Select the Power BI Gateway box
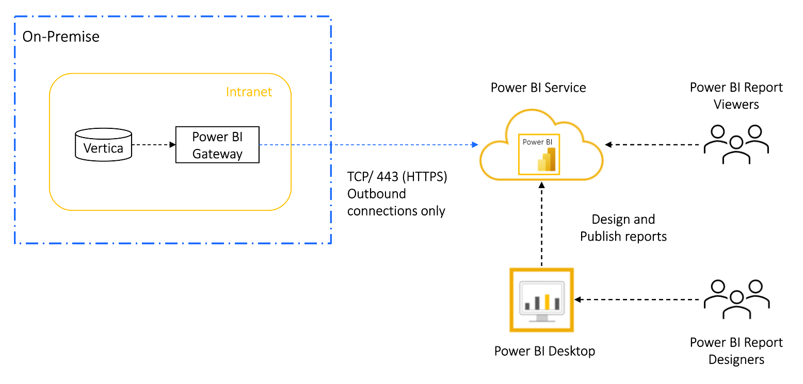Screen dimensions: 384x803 coord(217,145)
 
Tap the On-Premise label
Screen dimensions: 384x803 coord(61,37)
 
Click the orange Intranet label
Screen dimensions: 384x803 coord(249,92)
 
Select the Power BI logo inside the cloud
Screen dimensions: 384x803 coord(539,154)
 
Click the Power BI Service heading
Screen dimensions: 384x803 coord(538,88)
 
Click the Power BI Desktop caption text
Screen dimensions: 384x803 coord(544,352)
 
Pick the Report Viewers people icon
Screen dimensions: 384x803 coord(736,144)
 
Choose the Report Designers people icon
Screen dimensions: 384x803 coord(736,299)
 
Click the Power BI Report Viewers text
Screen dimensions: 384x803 coord(736,96)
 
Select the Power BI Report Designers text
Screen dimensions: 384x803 coord(736,351)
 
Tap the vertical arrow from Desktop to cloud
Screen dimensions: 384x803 coord(541,227)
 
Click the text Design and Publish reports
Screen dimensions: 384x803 coord(623,228)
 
